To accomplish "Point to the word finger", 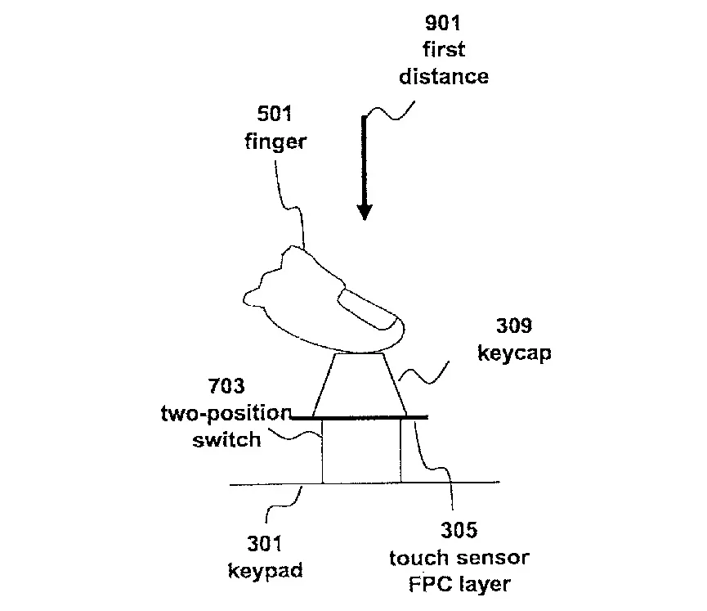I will [x=275, y=141].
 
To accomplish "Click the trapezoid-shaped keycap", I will [x=360, y=384].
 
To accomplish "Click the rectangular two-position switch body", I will [x=361, y=451].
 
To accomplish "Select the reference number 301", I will [x=265, y=542].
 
